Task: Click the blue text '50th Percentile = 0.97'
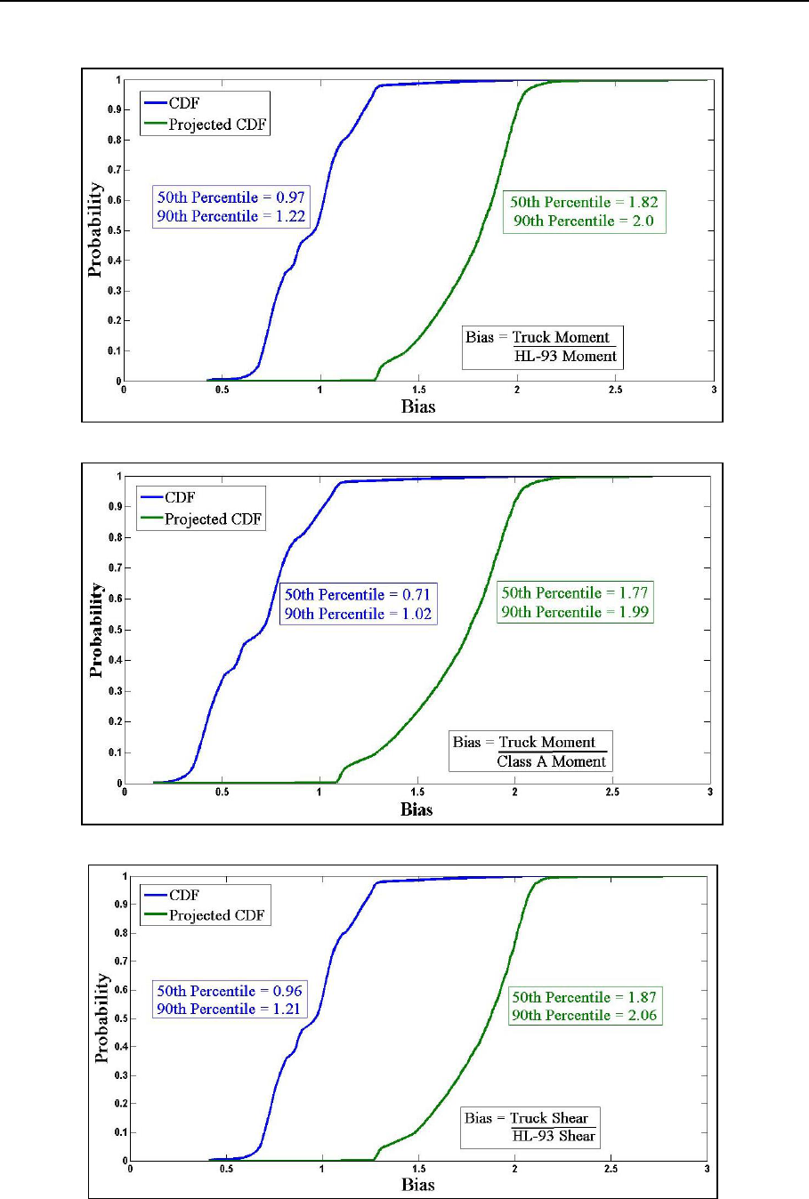[x=231, y=197]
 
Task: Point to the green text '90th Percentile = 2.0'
[x=584, y=221]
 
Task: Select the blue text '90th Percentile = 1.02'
[x=358, y=614]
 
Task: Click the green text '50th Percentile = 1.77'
[x=575, y=592]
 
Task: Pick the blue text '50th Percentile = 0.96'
[x=230, y=991]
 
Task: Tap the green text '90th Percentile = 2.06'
[x=585, y=1015]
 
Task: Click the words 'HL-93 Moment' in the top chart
[x=565, y=356]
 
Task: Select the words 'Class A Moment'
[x=552, y=761]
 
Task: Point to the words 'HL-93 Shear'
[x=553, y=1136]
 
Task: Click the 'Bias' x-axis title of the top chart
[x=418, y=406]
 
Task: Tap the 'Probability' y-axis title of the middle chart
[x=97, y=631]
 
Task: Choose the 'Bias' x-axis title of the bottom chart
[x=418, y=1184]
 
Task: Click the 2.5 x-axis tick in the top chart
[x=615, y=390]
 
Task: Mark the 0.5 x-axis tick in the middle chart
[x=222, y=792]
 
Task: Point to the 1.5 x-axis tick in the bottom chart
[x=418, y=1169]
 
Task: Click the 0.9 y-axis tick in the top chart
[x=116, y=110]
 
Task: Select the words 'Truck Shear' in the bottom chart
[x=549, y=1118]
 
